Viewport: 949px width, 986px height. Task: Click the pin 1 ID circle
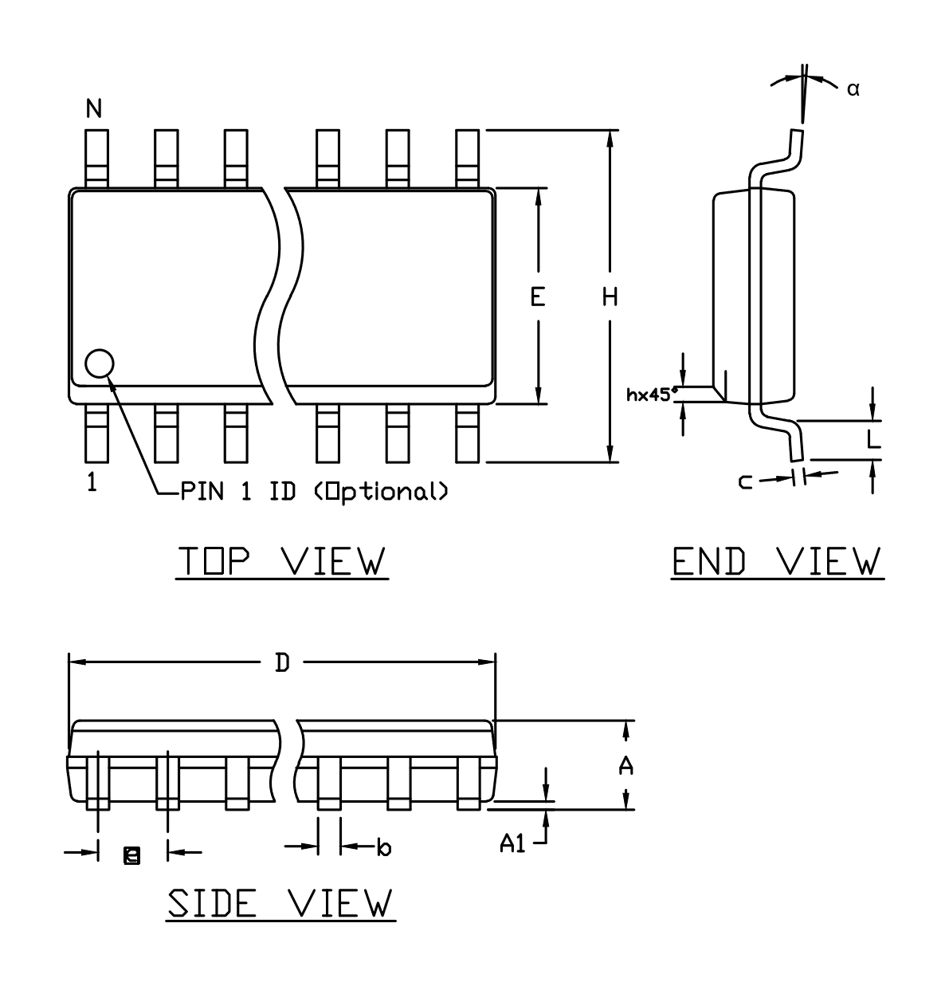(100, 363)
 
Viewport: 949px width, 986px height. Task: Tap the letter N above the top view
(94, 108)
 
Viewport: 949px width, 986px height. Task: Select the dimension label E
(538, 297)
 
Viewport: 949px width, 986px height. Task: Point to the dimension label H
(610, 297)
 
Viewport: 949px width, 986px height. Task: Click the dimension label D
(282, 662)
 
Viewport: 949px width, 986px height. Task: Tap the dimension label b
(384, 847)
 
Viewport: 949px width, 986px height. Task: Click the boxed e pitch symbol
(131, 856)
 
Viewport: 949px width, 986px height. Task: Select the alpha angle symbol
(853, 90)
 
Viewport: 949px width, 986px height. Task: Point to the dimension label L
(873, 439)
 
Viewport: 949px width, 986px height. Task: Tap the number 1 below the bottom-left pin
(92, 482)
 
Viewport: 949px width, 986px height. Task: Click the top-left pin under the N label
(96, 159)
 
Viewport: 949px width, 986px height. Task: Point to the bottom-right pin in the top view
(468, 433)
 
